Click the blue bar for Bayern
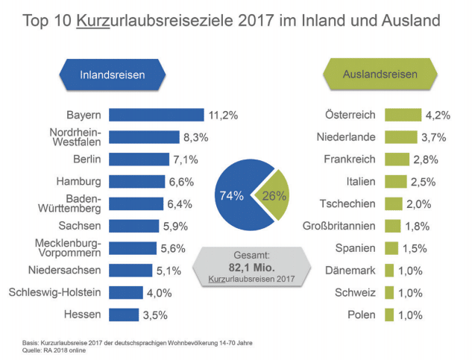click(156, 115)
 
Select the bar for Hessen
click(124, 315)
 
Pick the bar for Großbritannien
click(392, 226)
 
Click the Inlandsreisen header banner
click(113, 75)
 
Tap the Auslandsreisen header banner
click(380, 75)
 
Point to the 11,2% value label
click(223, 116)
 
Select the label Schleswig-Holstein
click(54, 292)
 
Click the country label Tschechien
click(347, 203)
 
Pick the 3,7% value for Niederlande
click(433, 137)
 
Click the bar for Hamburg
click(136, 181)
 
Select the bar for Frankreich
click(397, 160)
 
